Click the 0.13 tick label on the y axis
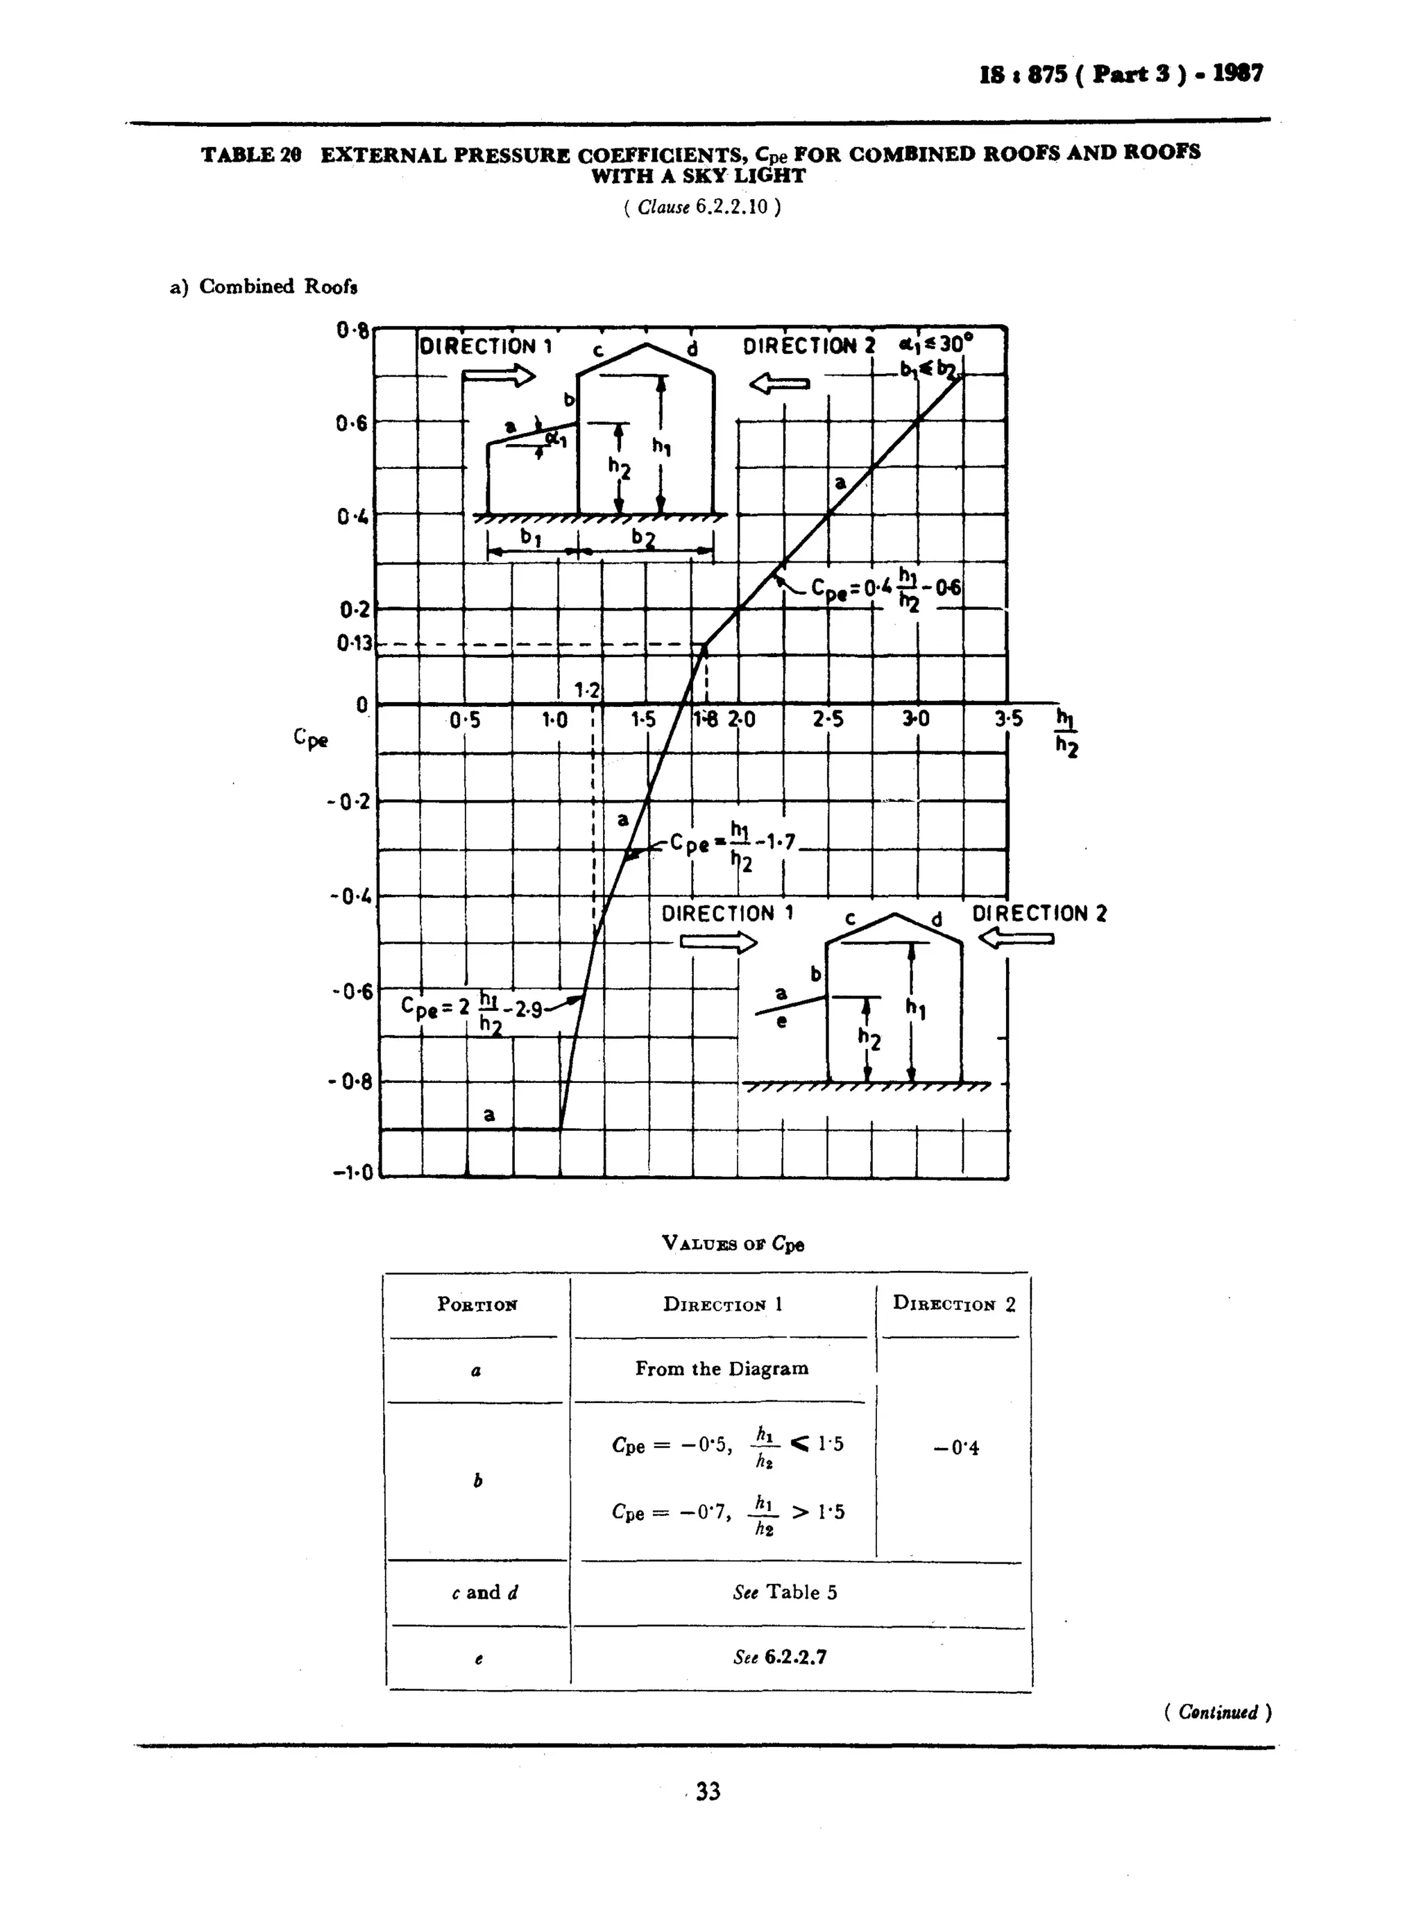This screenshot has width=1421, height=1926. click(355, 642)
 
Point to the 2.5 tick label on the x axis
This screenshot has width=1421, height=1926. click(828, 719)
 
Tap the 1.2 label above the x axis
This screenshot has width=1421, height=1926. click(588, 690)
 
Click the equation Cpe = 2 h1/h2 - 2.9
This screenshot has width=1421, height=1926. click(471, 1008)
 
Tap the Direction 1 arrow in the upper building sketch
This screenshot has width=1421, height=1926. click(499, 376)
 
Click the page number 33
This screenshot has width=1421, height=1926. click(708, 1791)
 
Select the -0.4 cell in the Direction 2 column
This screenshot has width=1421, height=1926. click(955, 1448)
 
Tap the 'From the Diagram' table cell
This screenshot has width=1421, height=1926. click(722, 1369)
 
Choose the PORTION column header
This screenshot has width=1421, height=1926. click(477, 1304)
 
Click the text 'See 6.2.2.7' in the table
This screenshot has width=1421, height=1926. click(779, 1657)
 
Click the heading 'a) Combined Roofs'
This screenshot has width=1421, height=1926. click(263, 287)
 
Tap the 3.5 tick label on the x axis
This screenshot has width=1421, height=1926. click(1008, 719)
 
